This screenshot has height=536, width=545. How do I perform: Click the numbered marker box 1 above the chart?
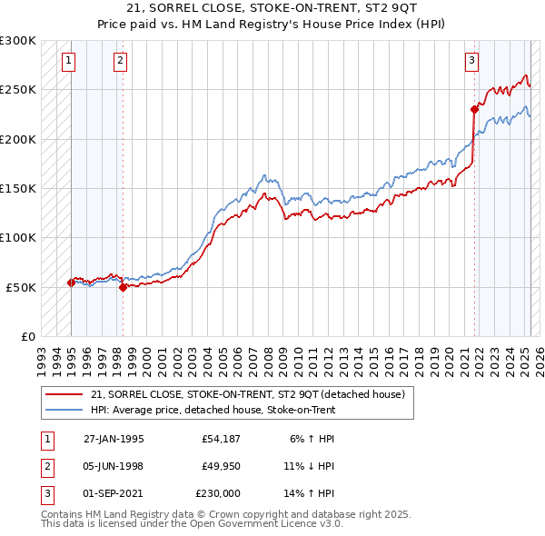point(69,62)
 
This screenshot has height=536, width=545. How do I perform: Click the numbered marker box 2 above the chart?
point(121,62)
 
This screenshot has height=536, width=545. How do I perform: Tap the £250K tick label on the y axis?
point(19,90)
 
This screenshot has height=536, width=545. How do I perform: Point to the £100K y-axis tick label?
point(19,237)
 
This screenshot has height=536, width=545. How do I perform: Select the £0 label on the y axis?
point(28,336)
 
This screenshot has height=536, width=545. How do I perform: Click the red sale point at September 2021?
point(474,109)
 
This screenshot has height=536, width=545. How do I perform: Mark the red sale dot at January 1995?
point(71,283)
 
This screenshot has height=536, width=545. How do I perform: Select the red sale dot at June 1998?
point(123,287)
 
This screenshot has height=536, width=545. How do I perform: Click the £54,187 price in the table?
point(218,439)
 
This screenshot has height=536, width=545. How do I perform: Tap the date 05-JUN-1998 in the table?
point(114,466)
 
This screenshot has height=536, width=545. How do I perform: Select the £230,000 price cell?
point(218,493)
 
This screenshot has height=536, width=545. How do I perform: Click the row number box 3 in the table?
point(45,493)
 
